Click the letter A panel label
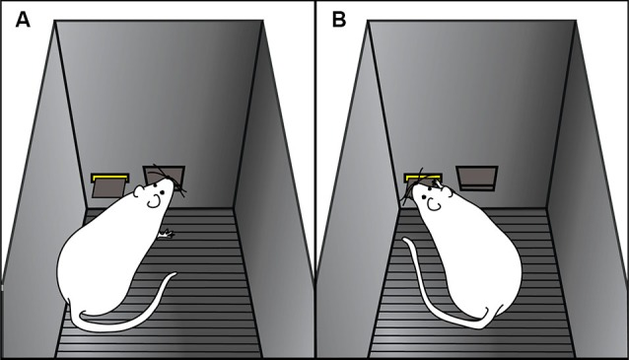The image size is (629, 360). (23, 20)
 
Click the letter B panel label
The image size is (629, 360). (339, 20)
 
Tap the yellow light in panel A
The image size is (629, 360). (109, 178)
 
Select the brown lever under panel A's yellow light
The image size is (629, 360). (107, 189)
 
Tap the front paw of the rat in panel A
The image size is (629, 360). (166, 234)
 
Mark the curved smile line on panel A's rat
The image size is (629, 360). (153, 204)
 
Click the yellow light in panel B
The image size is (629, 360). (423, 178)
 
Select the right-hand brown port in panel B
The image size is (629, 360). (477, 179)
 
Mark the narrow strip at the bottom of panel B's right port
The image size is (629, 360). (477, 187)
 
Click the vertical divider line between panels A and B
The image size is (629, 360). (315, 180)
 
